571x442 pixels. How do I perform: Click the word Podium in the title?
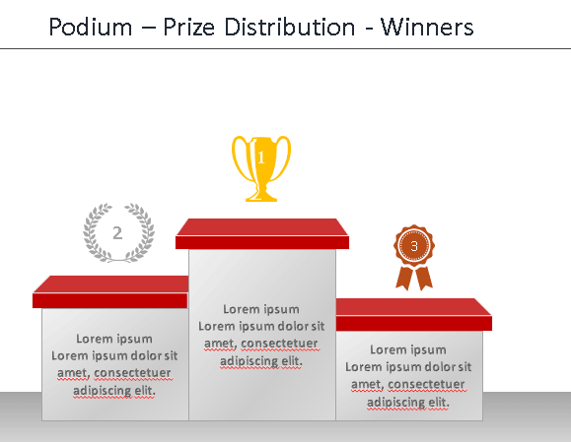91,27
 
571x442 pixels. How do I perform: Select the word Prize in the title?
189,27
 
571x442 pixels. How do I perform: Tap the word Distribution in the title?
290,27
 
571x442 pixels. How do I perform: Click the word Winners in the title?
427,27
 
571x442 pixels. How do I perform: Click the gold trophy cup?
261,168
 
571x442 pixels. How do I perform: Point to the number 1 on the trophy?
261,158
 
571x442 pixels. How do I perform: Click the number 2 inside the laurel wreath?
117,233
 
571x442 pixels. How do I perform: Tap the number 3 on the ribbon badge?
414,246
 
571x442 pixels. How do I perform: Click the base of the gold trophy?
261,196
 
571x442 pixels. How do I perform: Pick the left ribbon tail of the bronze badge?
405,278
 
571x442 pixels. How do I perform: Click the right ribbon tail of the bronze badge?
424,278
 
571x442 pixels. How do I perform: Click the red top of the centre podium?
262,233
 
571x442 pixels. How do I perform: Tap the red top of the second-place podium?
110,292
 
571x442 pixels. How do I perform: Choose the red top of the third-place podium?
413,315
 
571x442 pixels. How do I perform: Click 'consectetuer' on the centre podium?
280,344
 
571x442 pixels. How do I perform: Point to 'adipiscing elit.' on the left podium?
114,391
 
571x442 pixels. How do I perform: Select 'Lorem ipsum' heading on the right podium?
408,349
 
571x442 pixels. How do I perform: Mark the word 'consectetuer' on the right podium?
426,384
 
